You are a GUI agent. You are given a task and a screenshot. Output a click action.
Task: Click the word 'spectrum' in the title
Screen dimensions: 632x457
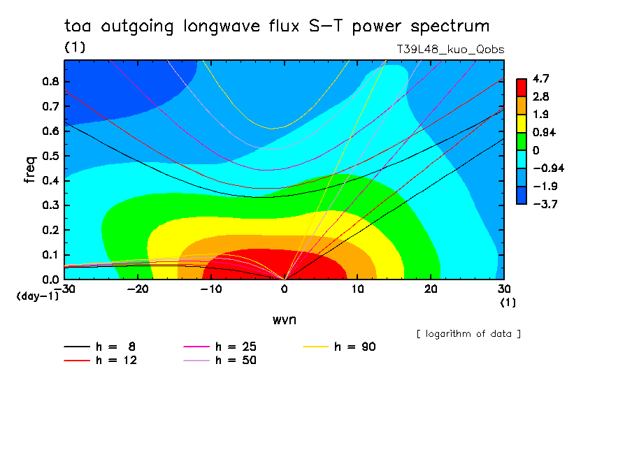click(x=450, y=27)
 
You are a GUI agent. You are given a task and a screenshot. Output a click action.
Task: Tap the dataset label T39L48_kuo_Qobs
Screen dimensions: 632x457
click(x=450, y=50)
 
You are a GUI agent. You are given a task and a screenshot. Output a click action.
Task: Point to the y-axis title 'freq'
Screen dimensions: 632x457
click(x=30, y=169)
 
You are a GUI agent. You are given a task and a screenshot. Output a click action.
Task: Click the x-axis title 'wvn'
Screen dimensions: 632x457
click(x=284, y=320)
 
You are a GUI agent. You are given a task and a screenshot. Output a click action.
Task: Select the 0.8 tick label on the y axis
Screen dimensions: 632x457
click(x=51, y=82)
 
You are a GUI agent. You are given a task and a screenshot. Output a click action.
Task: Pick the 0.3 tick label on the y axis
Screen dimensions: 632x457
click(x=51, y=205)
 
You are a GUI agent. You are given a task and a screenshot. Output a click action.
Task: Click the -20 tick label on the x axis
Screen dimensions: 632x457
click(x=138, y=289)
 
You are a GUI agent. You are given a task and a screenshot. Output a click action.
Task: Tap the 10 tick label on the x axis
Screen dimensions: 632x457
click(x=357, y=289)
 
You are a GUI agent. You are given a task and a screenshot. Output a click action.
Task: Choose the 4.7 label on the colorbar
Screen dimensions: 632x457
click(x=540, y=78)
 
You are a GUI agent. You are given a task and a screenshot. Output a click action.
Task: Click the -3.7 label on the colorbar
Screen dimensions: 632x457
click(x=545, y=204)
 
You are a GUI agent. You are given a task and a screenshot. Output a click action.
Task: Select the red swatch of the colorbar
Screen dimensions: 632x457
click(x=522, y=87)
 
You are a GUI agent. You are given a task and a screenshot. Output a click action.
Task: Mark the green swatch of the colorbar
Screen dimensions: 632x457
click(x=522, y=141)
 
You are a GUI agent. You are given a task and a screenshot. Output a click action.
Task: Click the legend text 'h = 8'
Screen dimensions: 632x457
click(x=115, y=347)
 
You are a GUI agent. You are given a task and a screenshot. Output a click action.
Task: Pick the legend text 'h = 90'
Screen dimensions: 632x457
click(x=355, y=347)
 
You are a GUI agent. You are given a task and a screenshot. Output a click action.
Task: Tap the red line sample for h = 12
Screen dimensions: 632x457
click(x=77, y=361)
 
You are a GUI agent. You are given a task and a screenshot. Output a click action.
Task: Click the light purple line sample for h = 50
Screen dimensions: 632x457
click(x=196, y=361)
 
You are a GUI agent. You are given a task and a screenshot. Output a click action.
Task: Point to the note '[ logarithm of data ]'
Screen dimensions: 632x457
click(x=469, y=334)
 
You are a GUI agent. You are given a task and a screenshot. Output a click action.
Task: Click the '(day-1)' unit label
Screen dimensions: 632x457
click(x=38, y=296)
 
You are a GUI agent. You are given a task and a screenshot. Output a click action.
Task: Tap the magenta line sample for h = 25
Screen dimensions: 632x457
click(x=196, y=347)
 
